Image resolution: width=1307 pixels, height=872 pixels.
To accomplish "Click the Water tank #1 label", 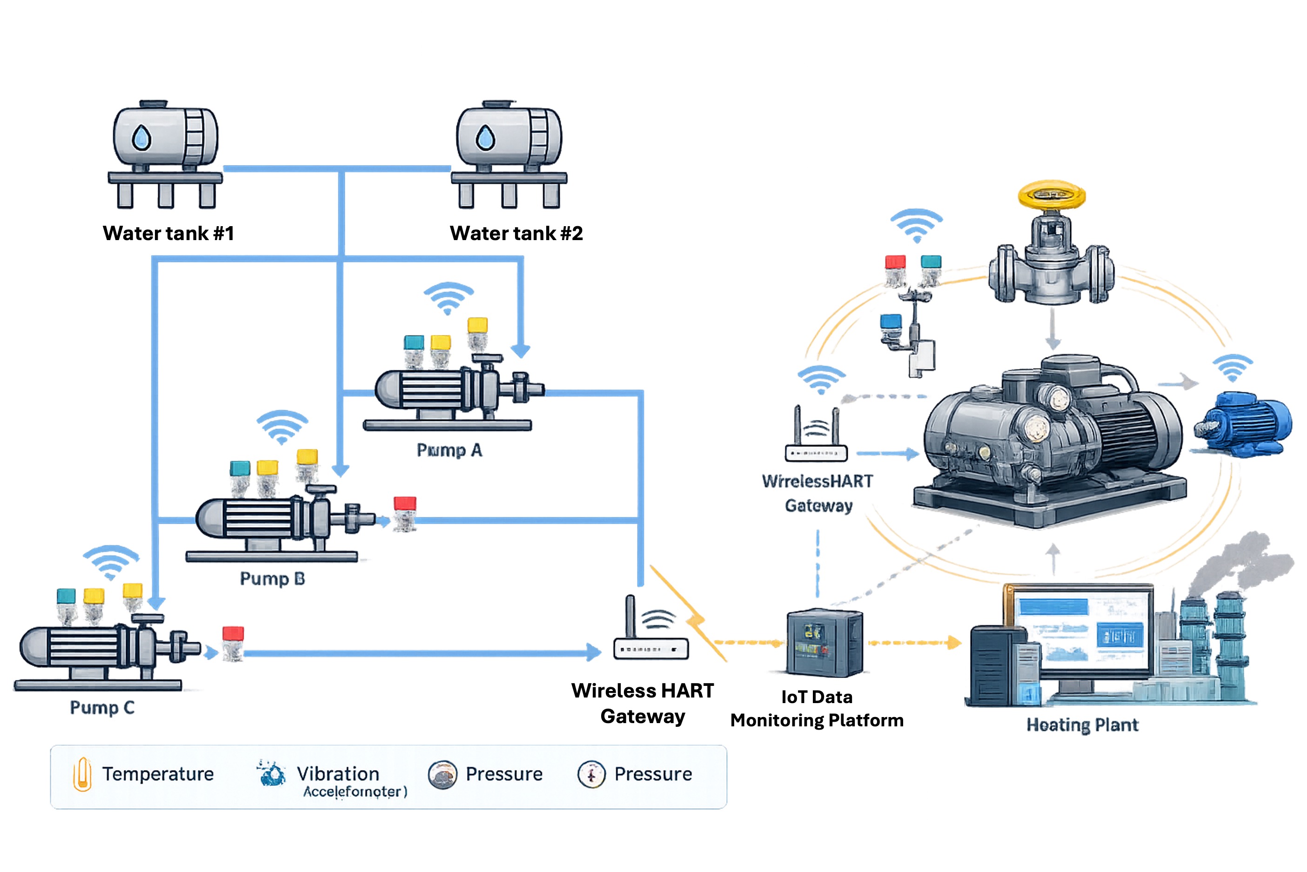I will click(x=168, y=233).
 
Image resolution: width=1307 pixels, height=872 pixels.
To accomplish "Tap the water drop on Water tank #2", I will click(x=485, y=137).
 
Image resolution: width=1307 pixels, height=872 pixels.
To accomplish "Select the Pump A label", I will click(x=449, y=450).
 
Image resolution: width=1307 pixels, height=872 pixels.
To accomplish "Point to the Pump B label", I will click(x=272, y=579).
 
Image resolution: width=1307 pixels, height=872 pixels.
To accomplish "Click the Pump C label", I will click(x=102, y=707).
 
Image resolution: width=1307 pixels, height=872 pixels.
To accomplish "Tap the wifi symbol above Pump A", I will click(x=448, y=297).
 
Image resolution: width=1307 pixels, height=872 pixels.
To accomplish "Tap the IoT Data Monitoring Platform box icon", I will click(x=824, y=642).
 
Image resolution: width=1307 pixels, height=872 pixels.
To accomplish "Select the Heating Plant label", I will click(x=1082, y=725).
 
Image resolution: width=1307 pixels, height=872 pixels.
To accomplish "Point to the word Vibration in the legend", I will click(x=338, y=773).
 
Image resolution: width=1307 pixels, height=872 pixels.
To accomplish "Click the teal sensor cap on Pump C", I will click(x=66, y=596).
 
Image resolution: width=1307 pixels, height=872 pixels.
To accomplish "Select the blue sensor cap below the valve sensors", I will click(x=891, y=322).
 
